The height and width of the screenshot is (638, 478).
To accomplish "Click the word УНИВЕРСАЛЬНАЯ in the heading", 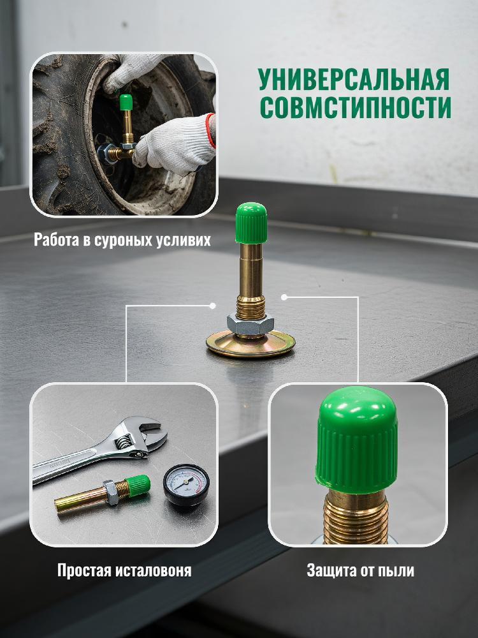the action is tap(354, 79).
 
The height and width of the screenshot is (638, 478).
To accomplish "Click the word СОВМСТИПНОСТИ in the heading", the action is tap(356, 107).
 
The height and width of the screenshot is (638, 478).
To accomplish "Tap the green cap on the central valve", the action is tap(251, 223).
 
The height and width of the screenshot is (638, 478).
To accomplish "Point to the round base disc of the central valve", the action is tap(250, 344).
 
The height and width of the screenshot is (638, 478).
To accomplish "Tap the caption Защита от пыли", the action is tap(360, 570).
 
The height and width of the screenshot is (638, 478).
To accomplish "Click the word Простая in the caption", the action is tap(83, 570).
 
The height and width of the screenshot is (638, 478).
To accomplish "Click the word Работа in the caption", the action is tap(57, 240).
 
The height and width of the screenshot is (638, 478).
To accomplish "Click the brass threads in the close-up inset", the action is tap(356, 519).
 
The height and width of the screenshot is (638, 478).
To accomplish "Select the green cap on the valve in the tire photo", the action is tap(126, 102).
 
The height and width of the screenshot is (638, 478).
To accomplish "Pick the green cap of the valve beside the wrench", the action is tap(138, 484).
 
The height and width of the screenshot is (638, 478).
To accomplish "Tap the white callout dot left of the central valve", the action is tap(212, 306).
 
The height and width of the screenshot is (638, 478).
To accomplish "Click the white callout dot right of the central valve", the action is tap(284, 297).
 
